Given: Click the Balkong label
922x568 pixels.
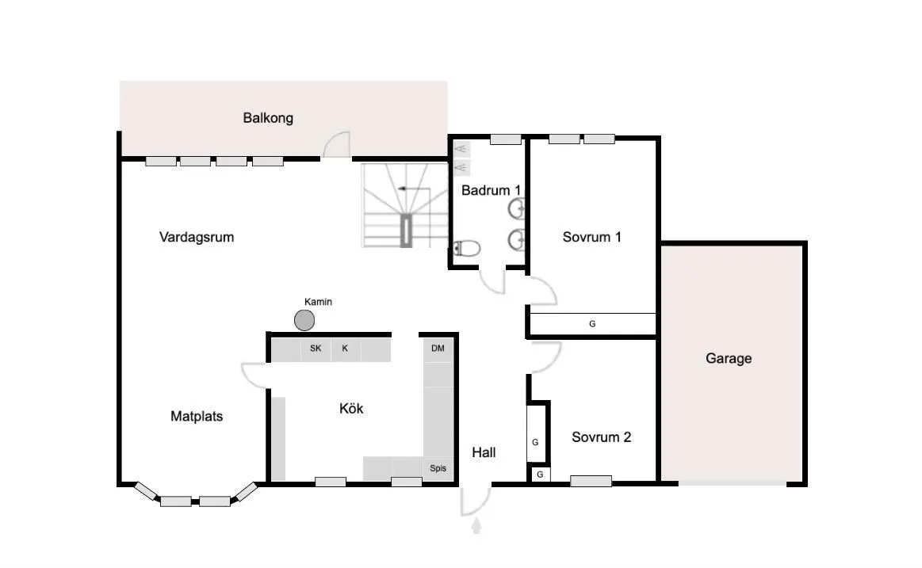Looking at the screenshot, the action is [268, 118].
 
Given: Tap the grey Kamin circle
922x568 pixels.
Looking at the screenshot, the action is [304, 320].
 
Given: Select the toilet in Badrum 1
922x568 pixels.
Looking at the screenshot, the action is [466, 248].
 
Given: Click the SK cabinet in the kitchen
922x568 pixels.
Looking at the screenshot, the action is [316, 349].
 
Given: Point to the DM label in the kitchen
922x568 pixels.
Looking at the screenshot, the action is [438, 349].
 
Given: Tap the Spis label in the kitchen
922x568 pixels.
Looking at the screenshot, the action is [438, 468].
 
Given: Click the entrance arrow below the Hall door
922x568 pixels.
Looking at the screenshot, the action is [477, 526].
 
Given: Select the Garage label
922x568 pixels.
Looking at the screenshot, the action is [729, 358].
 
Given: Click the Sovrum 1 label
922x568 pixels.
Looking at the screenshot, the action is [591, 237].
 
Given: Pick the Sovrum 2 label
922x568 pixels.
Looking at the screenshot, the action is [601, 437].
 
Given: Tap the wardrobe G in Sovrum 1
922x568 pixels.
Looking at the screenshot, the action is [593, 324].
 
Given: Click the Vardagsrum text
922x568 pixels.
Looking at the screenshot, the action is [197, 238].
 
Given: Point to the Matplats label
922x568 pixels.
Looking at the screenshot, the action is [197, 417].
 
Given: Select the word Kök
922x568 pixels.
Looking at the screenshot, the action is [351, 408].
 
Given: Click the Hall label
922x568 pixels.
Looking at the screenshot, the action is [484, 452].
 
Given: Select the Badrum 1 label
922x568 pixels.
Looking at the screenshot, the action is [491, 190].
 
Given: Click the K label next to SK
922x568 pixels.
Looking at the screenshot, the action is [345, 349].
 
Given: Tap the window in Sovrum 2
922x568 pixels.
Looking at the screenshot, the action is [591, 481].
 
